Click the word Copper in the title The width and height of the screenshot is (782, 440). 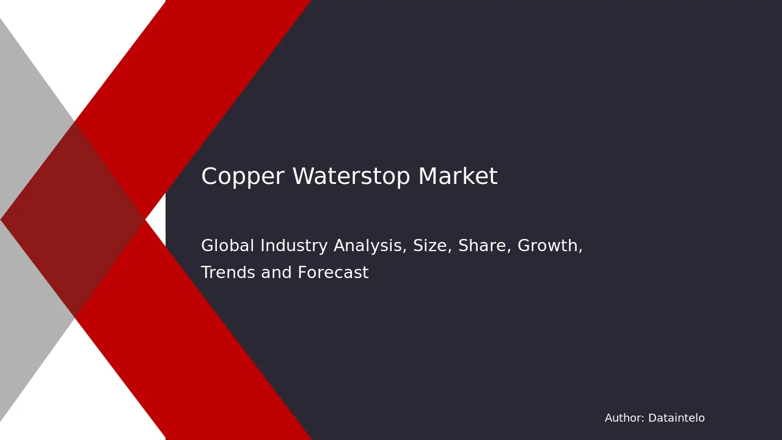tap(243, 177)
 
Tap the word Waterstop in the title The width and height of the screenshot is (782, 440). tap(351, 176)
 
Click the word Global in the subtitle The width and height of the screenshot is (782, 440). tap(228, 245)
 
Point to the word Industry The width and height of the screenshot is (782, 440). tap(294, 246)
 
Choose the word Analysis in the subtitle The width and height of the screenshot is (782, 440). tap(370, 246)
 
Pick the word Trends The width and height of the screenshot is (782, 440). tap(228, 273)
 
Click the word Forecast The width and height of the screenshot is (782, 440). tap(333, 273)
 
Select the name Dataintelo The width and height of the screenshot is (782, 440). tap(676, 418)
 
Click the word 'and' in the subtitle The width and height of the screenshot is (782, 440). tap(276, 273)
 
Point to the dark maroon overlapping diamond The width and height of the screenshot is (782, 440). tap(73, 219)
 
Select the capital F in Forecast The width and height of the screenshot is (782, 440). tap(302, 273)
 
